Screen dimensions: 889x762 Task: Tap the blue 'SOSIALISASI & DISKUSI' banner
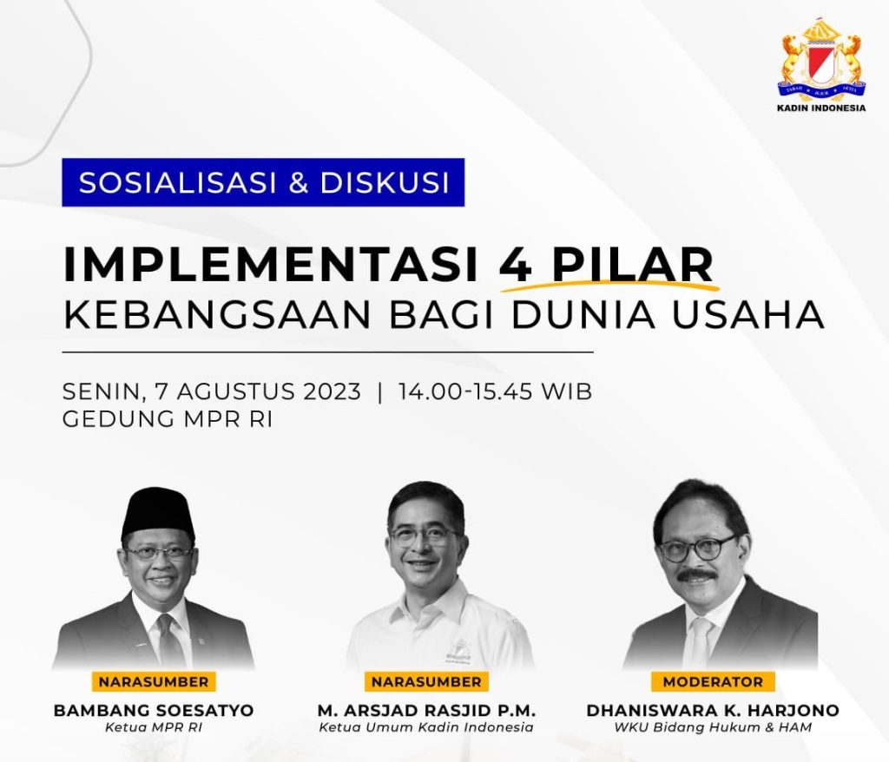pyautogui.click(x=263, y=182)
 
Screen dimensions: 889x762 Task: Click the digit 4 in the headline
pyautogui.click(x=516, y=264)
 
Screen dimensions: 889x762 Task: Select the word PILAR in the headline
pyautogui.click(x=633, y=264)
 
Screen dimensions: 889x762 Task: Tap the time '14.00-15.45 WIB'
pyautogui.click(x=495, y=391)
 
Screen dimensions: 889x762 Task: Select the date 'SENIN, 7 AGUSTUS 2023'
pyautogui.click(x=212, y=392)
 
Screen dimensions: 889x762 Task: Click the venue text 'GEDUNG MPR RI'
pyautogui.click(x=168, y=419)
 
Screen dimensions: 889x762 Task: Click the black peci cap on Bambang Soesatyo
pyautogui.click(x=158, y=513)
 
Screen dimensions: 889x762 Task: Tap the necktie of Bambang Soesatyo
pyautogui.click(x=168, y=640)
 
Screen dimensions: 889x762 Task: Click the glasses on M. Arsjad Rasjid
pyautogui.click(x=424, y=535)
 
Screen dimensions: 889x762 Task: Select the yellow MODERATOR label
pyautogui.click(x=713, y=681)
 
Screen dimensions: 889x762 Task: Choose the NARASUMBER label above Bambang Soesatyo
pyautogui.click(x=154, y=681)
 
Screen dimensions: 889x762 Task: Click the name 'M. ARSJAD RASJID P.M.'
pyautogui.click(x=426, y=711)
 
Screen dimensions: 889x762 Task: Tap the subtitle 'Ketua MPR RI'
pyautogui.click(x=154, y=727)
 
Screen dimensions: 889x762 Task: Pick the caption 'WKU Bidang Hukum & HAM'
pyautogui.click(x=713, y=727)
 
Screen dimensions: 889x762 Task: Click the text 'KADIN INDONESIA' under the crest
pyautogui.click(x=821, y=108)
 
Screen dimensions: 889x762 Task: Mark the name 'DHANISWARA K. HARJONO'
pyautogui.click(x=713, y=711)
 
